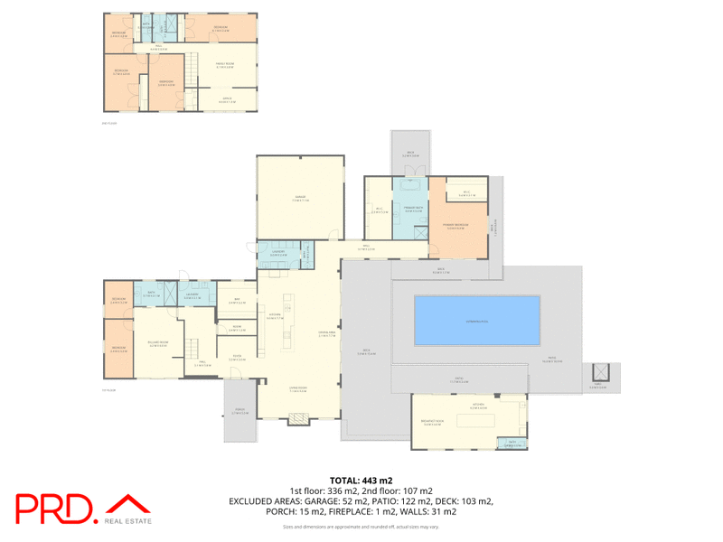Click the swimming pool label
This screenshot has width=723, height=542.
click(476, 321)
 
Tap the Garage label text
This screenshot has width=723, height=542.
click(299, 197)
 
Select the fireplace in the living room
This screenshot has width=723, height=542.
click(296, 418)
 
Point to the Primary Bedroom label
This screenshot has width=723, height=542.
click(455, 225)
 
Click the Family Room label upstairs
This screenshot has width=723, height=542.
click(224, 65)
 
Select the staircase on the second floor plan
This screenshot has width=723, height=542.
click(192, 68)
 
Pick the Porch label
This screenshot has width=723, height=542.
click(240, 412)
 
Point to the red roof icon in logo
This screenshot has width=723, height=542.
click(127, 504)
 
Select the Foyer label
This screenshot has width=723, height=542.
click(237, 357)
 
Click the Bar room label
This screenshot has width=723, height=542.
click(234, 303)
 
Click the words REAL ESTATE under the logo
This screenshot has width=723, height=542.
click(127, 521)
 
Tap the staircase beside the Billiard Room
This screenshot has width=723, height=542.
click(192, 347)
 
